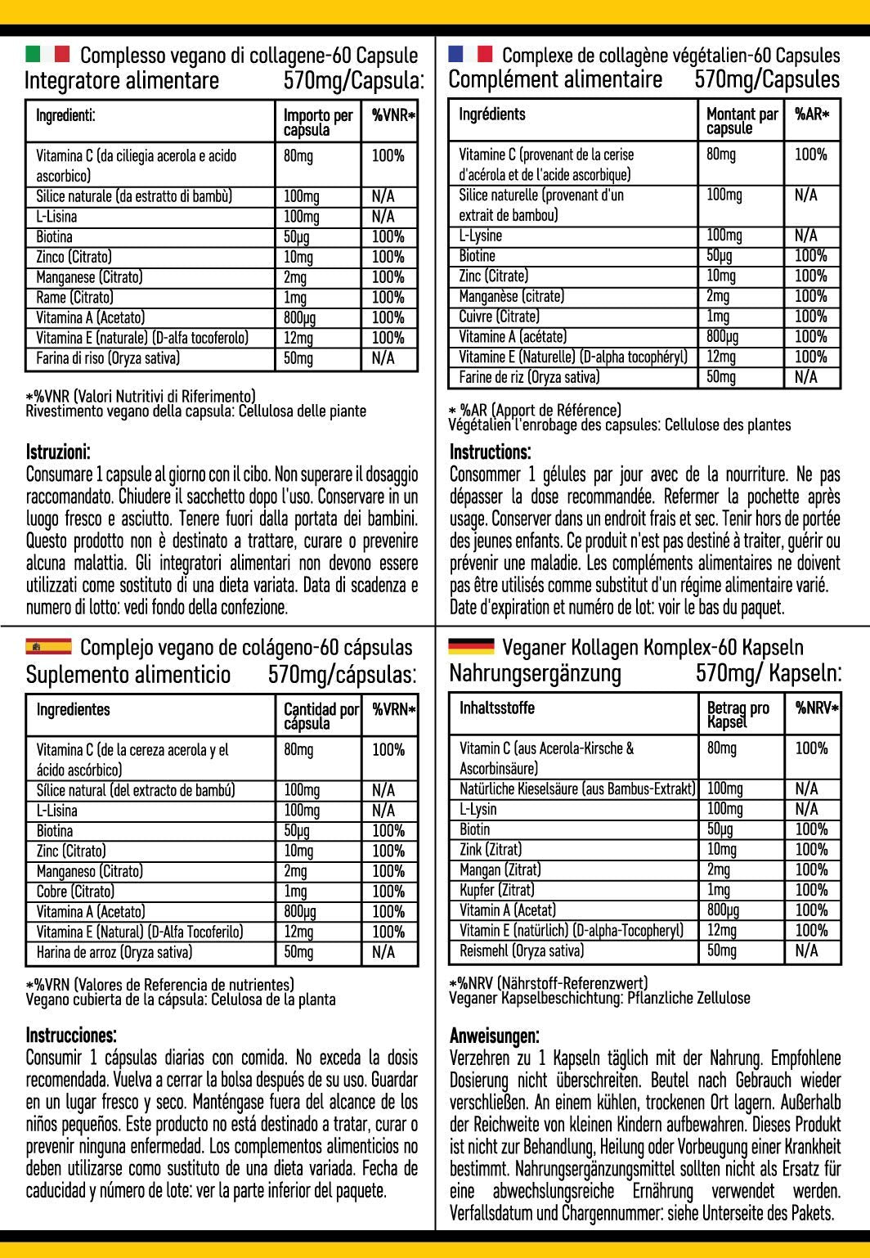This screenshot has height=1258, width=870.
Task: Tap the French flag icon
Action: tap(470, 54)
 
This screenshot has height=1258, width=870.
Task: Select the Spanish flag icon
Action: tap(48, 647)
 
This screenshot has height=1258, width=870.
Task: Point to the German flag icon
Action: tap(471, 646)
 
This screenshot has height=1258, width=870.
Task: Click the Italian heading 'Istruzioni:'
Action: tap(58, 452)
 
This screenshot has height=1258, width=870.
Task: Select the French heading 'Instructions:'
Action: tap(490, 452)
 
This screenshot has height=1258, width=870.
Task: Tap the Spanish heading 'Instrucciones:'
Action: tap(71, 1035)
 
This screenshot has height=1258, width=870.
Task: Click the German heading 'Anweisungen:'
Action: tap(494, 1036)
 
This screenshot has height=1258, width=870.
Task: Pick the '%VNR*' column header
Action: tap(393, 116)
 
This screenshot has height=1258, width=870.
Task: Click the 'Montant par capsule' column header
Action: tap(742, 120)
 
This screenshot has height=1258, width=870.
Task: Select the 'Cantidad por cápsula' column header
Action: tap(321, 716)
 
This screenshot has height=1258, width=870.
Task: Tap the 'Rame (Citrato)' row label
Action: tap(74, 297)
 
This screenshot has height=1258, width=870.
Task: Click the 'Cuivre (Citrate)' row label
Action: tap(499, 317)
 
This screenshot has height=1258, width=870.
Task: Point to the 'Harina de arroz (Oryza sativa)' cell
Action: tap(114, 951)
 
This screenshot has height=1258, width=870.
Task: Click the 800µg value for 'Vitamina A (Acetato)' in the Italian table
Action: tap(299, 317)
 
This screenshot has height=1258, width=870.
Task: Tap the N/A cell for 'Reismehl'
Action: tap(805, 950)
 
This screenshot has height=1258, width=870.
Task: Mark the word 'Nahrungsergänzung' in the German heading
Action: tap(535, 673)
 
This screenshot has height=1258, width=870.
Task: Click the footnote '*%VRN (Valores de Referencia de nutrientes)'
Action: tap(159, 985)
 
